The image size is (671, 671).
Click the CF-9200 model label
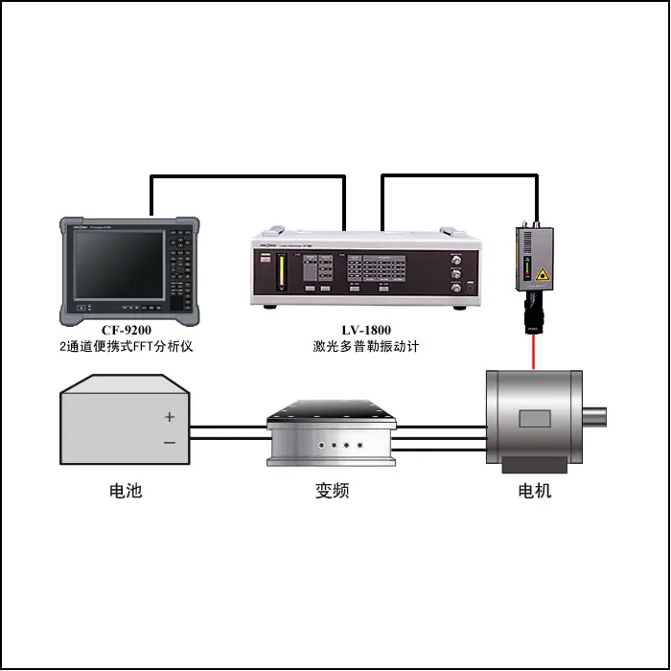127,330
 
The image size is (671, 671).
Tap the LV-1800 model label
366,330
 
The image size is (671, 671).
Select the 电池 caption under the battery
126,491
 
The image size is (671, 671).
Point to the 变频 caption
332,491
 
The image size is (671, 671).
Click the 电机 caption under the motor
535,491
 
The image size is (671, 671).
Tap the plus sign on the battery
170,417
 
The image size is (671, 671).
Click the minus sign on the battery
170,443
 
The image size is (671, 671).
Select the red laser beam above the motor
533,352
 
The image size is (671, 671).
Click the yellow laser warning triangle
543,274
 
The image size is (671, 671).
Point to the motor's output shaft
594,417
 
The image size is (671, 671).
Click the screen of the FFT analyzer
119,265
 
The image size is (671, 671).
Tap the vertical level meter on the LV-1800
281,271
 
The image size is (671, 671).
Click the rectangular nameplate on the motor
535,419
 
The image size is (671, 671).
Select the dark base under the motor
535,465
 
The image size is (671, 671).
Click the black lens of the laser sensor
533,316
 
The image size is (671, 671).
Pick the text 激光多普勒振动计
366,346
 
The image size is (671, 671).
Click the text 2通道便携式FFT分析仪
127,346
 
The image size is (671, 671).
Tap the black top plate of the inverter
332,411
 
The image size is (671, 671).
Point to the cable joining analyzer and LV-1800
248,175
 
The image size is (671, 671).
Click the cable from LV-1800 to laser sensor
459,175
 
